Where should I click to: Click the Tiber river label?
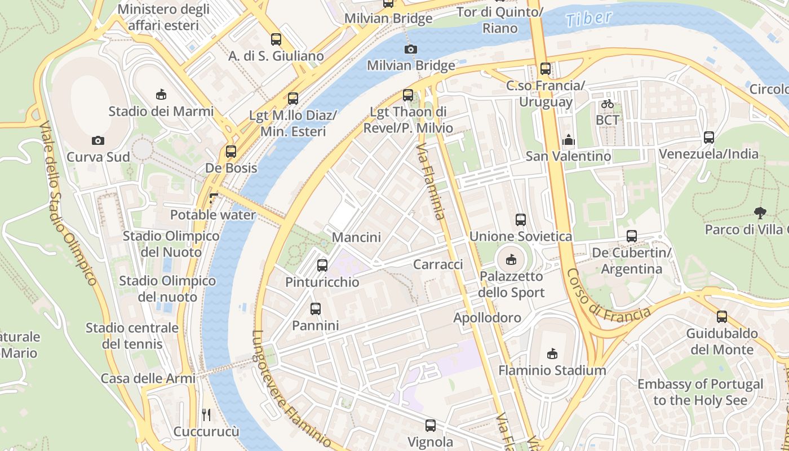click(589, 19)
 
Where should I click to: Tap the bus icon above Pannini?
click(316, 309)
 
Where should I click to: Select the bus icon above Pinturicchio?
click(322, 265)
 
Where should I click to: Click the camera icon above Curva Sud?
click(98, 140)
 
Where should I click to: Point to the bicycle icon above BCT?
click(607, 104)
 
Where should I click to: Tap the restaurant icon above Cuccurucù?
click(206, 415)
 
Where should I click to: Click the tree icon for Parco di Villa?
click(760, 213)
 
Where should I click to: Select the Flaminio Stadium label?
click(552, 370)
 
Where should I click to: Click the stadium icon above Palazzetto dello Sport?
click(511, 259)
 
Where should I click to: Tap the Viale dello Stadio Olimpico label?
click(69, 203)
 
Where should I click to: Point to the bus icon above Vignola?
click(431, 426)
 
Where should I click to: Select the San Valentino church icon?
click(569, 139)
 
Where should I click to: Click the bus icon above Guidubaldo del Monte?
click(722, 317)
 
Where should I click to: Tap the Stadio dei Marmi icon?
click(161, 94)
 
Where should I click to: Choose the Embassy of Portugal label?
click(700, 392)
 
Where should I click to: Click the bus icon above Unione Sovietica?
click(521, 219)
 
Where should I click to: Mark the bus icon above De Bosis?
click(231, 152)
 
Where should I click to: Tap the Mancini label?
click(356, 237)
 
